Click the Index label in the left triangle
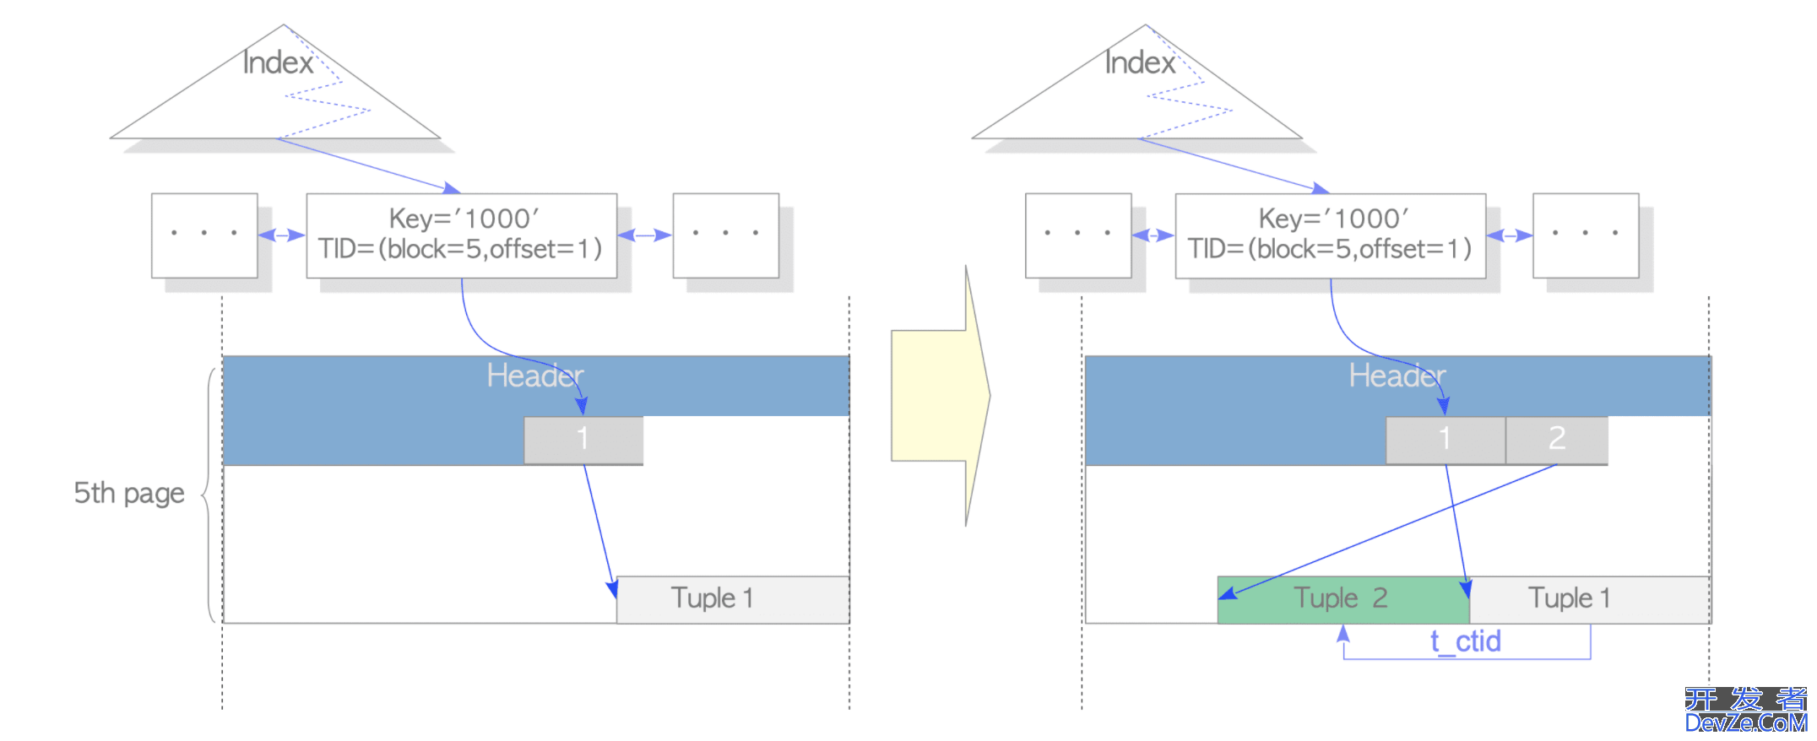pos(278,62)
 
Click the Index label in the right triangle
pos(1140,62)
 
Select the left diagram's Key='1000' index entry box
pos(461,235)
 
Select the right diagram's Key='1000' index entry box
pos(1330,235)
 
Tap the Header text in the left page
pos(534,376)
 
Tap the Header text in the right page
pos(1397,376)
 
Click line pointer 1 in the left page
pos(583,440)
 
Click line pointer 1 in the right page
pos(1445,440)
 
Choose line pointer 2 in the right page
pos(1556,440)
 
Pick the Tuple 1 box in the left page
pos(732,599)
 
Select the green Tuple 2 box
pos(1342,599)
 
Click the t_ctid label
pos(1465,641)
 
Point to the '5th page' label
pos(128,493)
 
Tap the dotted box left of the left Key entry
pos(204,235)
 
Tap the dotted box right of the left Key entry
pos(725,235)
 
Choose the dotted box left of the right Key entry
pos(1077,235)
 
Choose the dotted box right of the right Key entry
pos(1585,235)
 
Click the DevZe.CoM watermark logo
pos(1745,711)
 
